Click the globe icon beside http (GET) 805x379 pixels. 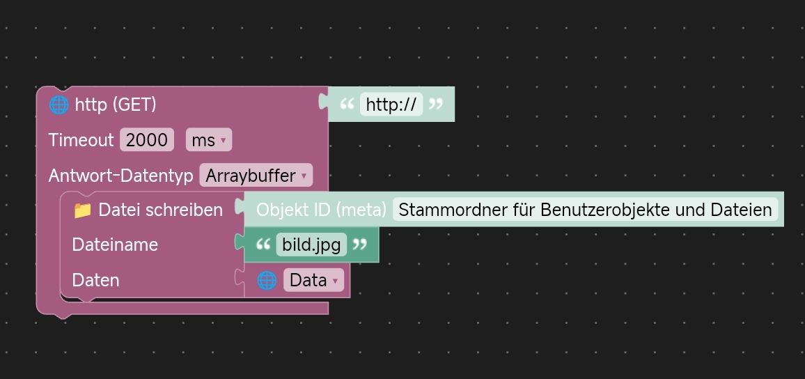point(58,105)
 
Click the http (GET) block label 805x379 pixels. point(116,105)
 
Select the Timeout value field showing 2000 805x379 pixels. point(146,140)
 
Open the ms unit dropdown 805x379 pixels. point(208,140)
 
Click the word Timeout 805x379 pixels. point(81,140)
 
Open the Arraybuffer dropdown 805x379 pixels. point(256,176)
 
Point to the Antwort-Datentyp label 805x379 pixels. point(120,176)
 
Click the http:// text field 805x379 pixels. point(391,105)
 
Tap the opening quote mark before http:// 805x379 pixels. point(346,105)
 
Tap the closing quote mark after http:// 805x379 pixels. point(436,105)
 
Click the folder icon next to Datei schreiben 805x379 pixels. point(82,210)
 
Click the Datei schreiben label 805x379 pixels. point(161,210)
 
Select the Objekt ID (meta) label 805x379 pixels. point(321,210)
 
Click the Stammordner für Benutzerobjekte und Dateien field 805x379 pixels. point(585,210)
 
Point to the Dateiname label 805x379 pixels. point(115,245)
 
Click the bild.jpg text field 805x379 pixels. point(311,245)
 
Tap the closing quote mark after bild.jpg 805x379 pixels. point(359,245)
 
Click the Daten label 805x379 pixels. point(95,280)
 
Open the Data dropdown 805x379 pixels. point(313,280)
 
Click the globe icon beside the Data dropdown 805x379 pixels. point(267,280)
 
